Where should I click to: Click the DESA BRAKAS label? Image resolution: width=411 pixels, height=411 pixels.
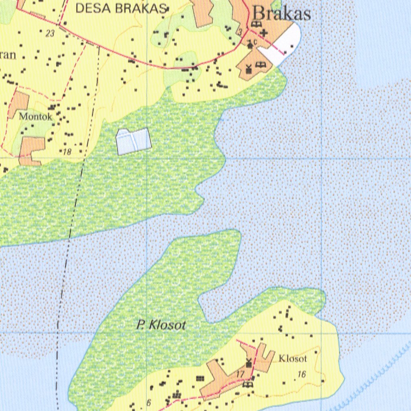pyautogui.click(x=121, y=8)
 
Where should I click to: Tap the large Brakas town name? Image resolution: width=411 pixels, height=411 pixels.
pyautogui.click(x=282, y=14)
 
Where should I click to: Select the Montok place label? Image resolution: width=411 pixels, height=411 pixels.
pyautogui.click(x=35, y=117)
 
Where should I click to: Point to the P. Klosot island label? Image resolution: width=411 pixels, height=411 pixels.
pyautogui.click(x=161, y=325)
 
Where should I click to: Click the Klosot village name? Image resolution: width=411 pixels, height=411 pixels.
pyautogui.click(x=293, y=358)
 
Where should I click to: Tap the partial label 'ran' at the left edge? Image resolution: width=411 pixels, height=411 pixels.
pyautogui.click(x=8, y=55)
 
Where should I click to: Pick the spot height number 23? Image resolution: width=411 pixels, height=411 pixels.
pyautogui.click(x=50, y=34)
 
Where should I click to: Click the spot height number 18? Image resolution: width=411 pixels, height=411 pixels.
pyautogui.click(x=67, y=152)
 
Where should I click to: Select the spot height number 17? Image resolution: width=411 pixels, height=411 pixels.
pyautogui.click(x=240, y=374)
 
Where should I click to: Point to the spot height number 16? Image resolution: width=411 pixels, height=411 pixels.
pyautogui.click(x=301, y=374)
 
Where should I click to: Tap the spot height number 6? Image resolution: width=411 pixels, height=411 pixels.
pyautogui.click(x=149, y=403)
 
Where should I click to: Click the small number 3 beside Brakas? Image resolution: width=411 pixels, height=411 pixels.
pyautogui.click(x=240, y=31)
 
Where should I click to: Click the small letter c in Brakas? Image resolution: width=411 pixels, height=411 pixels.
pyautogui.click(x=256, y=42)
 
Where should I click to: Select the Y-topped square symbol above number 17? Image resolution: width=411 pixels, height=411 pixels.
pyautogui.click(x=248, y=363)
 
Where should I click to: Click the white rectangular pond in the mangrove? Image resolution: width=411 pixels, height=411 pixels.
pyautogui.click(x=133, y=141)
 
